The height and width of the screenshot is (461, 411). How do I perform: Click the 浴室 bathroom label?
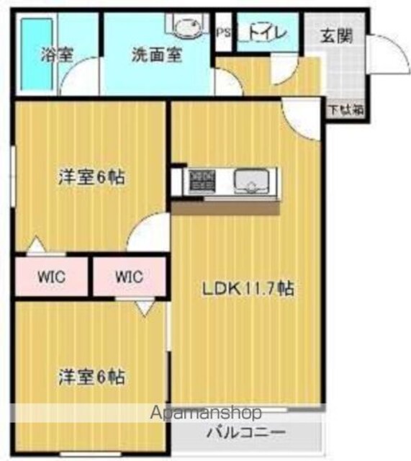coord(57,55)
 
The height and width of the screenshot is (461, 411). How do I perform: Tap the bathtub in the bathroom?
coord(37,54)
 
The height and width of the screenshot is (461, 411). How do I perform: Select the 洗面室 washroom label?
coord(157,55)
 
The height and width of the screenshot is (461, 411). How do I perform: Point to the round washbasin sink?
coord(189,27)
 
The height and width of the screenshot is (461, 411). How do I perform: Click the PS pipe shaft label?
coord(224,33)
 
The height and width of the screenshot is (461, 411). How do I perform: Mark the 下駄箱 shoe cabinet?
coord(346,110)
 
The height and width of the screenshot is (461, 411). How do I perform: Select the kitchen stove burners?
coord(202,180)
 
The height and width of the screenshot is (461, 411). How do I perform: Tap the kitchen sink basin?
coord(251,182)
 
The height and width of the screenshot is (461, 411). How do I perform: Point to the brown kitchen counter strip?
coord(225,208)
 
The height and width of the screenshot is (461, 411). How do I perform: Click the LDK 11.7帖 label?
coord(248,288)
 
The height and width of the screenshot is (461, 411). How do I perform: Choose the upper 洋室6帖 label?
coord(91,177)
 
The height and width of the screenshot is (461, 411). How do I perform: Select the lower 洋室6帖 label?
coord(91,377)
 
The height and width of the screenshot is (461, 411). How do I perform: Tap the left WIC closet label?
coord(52,277)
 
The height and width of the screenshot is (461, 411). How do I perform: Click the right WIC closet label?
coord(130,277)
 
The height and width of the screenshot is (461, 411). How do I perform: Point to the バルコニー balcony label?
coord(246,432)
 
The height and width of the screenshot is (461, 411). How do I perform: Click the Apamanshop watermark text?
coord(206,413)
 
